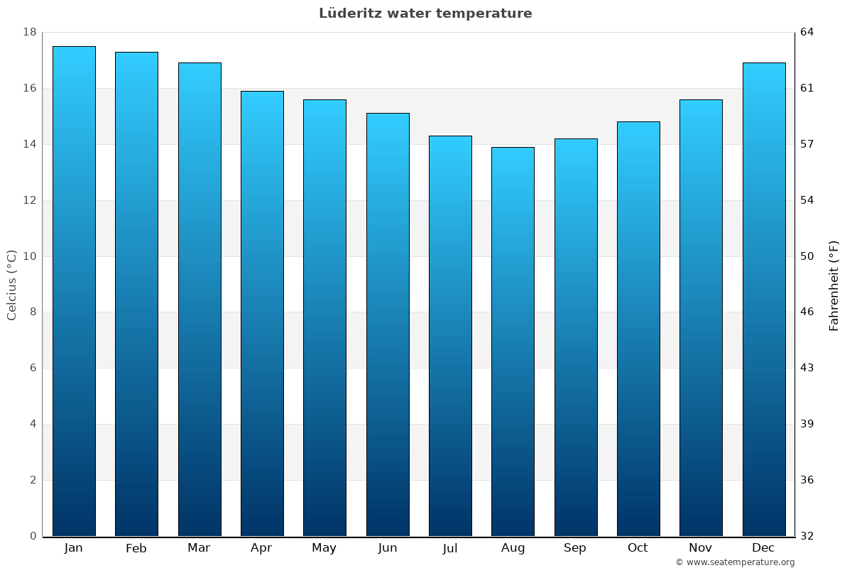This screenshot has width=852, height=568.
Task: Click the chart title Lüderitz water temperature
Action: coord(425,13)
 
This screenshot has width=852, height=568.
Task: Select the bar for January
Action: coord(74,291)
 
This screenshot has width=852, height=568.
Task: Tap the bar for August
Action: coord(513,342)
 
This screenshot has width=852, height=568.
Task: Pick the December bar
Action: coord(763,299)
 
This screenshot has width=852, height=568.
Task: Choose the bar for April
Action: coord(262,313)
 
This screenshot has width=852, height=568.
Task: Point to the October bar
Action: coord(638,329)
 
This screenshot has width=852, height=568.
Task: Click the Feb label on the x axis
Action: coord(136,548)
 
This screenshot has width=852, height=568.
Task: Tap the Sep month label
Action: coord(575,548)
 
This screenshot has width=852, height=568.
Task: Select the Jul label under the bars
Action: coord(450,548)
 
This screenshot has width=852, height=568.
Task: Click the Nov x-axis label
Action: coord(701,548)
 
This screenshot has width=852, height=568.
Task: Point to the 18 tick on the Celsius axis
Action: coord(30,33)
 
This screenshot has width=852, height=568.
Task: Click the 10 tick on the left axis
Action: coord(30,256)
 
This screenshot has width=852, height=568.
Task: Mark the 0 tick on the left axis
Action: coord(33,536)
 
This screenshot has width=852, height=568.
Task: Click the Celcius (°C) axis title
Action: coord(12,285)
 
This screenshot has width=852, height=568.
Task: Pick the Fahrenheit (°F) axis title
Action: coord(834,285)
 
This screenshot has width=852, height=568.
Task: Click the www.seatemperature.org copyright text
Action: coord(735,562)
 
